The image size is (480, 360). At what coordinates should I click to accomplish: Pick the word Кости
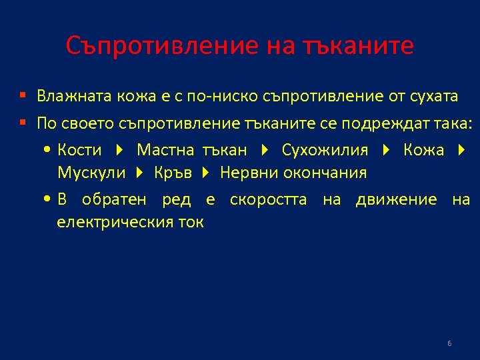pos(80,150)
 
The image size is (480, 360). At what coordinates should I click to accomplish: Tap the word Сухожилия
pos(325,150)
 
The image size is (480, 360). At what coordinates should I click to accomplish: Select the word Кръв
pos(173,173)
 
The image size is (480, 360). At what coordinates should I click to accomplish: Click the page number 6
pos(449,343)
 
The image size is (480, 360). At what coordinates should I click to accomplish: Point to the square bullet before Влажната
pos(22,97)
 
